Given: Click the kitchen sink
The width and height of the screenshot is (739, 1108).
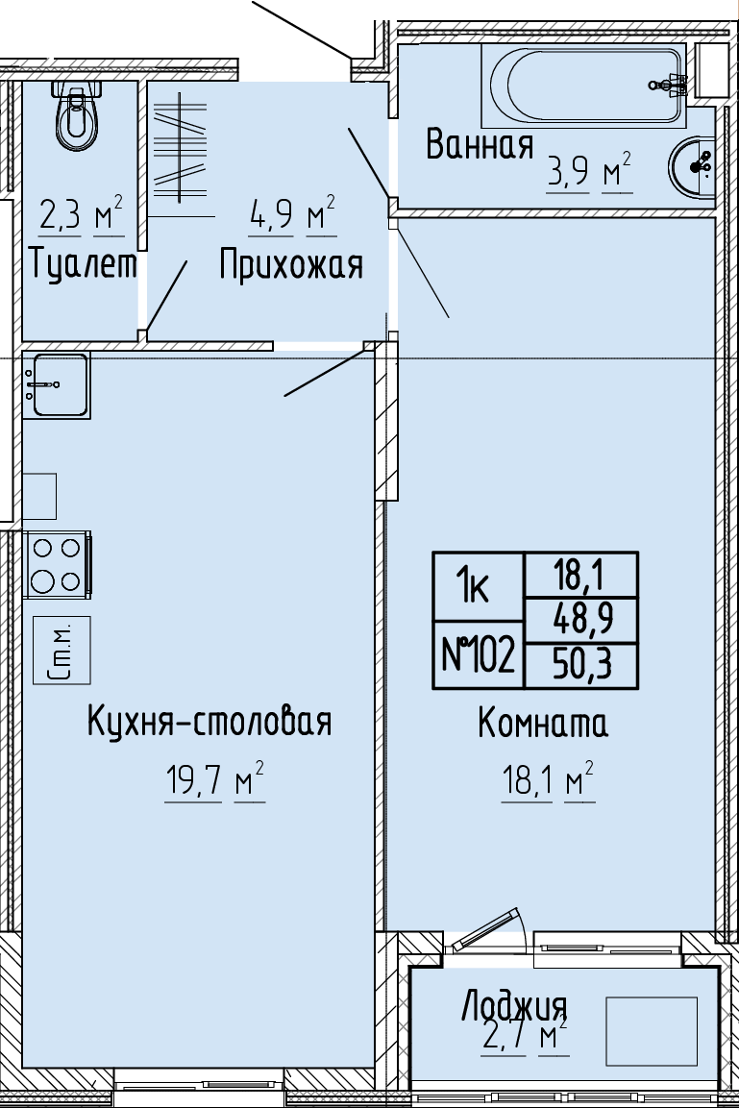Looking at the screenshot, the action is [x=56, y=384].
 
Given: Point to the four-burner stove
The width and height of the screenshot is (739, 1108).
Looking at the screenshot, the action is [x=58, y=565].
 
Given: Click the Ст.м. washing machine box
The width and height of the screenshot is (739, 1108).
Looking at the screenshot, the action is [x=62, y=651].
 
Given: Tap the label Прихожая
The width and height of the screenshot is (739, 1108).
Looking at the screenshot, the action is [x=290, y=266].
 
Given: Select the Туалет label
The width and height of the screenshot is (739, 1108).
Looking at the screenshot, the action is [x=84, y=265].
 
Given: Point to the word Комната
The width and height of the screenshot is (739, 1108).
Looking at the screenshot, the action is [x=543, y=724].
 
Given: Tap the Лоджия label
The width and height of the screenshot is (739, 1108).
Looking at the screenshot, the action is [x=514, y=1006].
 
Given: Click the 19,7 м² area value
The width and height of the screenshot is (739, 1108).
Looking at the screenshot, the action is [x=214, y=782].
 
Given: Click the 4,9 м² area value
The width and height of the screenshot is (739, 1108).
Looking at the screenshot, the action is [x=292, y=215].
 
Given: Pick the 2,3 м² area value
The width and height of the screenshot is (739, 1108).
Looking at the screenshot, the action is [x=82, y=215].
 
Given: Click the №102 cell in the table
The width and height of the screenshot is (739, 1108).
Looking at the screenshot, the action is [x=478, y=655].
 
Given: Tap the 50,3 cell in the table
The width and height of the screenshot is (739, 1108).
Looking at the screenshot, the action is [x=581, y=666].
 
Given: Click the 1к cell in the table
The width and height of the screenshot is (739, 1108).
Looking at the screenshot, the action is [x=478, y=587].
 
